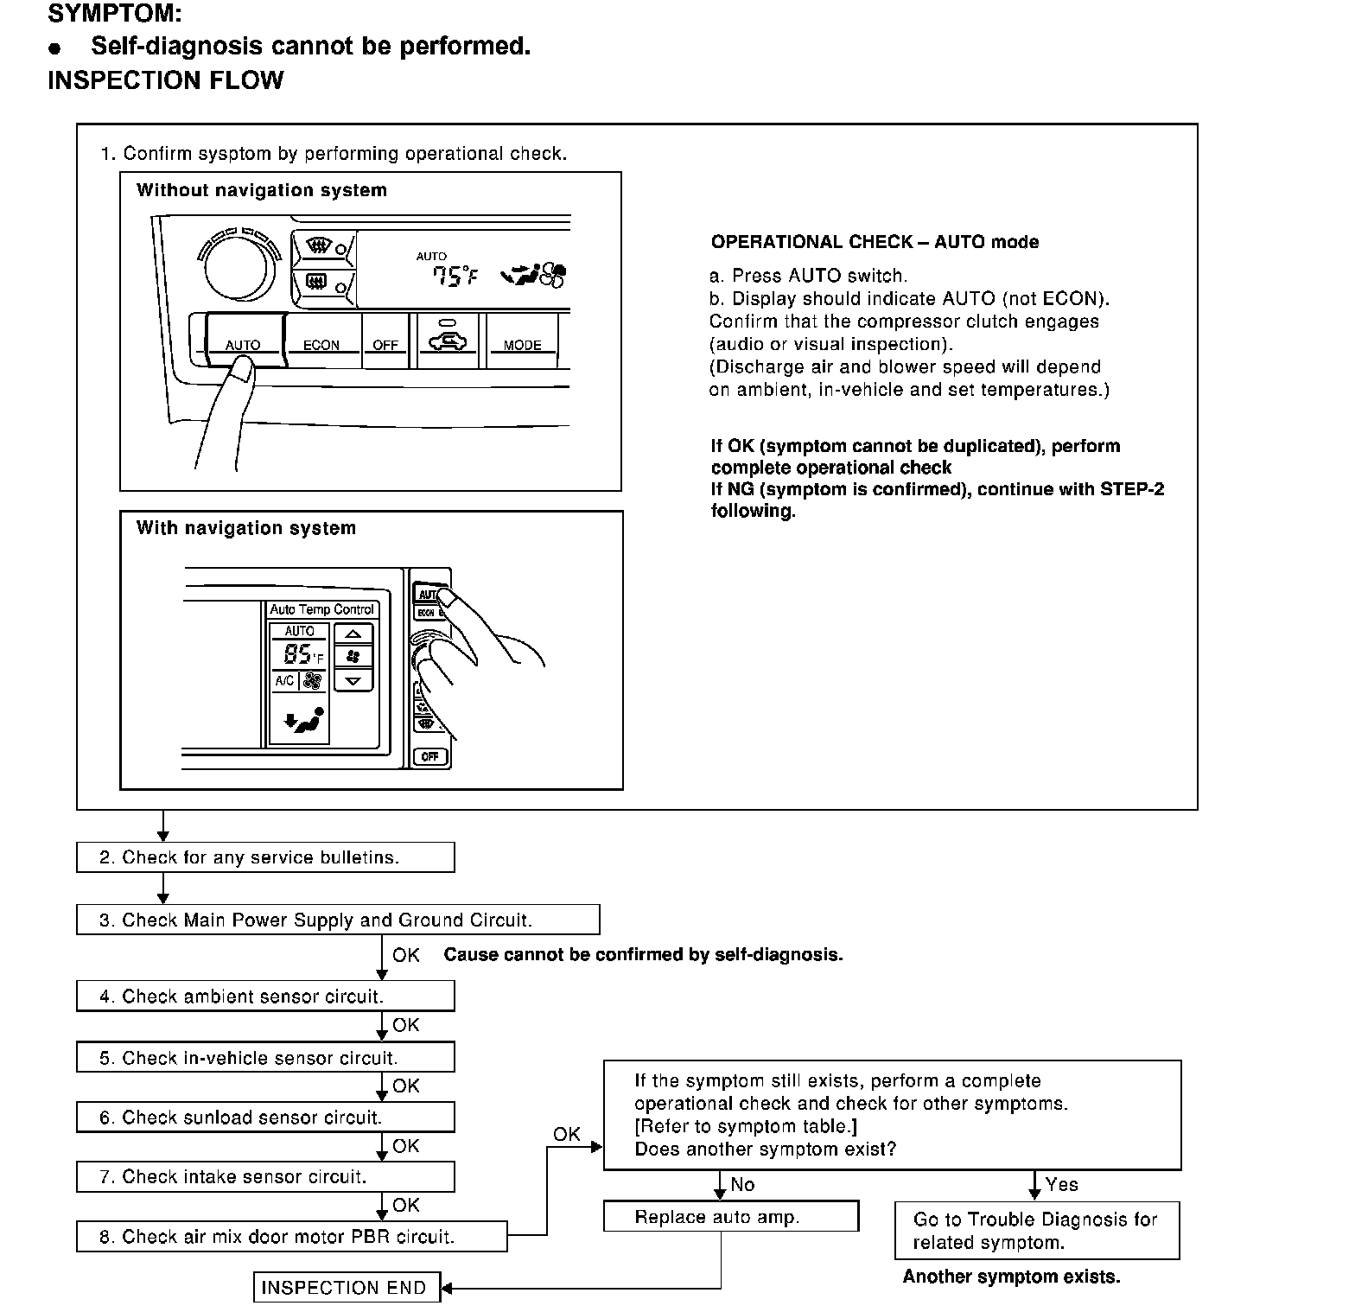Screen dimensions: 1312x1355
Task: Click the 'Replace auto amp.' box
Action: (x=730, y=1216)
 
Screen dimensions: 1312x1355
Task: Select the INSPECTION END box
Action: (x=346, y=1287)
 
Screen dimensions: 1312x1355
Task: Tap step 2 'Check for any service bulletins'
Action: (x=265, y=857)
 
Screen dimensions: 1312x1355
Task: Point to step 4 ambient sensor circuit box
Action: (x=265, y=996)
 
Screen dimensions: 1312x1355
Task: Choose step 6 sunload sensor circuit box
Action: (x=265, y=1118)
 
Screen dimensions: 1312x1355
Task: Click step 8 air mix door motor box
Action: (x=291, y=1236)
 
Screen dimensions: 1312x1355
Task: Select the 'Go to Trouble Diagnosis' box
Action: (x=1036, y=1231)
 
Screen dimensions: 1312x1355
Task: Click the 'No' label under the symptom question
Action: (x=742, y=1185)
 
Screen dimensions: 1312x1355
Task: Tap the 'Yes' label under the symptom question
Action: (x=1061, y=1185)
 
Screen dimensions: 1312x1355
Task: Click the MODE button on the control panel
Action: (x=522, y=344)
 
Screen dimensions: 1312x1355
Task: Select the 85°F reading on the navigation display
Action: (x=299, y=654)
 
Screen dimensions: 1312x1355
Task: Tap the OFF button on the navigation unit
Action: (x=429, y=756)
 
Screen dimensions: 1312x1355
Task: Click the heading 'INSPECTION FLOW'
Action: (x=165, y=80)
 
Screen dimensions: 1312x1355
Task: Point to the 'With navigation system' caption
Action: (x=246, y=528)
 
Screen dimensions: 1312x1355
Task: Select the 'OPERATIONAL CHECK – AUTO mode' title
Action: (x=875, y=242)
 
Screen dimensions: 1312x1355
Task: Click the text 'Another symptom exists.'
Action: (x=1011, y=1277)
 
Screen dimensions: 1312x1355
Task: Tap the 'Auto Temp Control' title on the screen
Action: (x=321, y=609)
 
